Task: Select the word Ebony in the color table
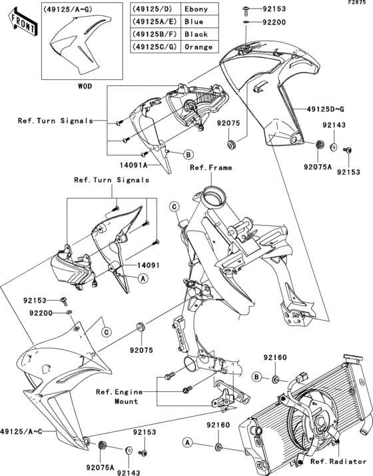[196, 9]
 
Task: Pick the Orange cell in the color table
[198, 47]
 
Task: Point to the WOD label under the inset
[85, 86]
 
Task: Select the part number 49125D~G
[325, 109]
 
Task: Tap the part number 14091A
[133, 165]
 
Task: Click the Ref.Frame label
[210, 167]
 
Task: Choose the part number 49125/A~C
[21, 431]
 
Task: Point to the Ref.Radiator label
[338, 462]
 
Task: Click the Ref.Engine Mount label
[119, 397]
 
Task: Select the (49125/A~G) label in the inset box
[67, 9]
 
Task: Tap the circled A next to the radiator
[188, 443]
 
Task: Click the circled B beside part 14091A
[188, 155]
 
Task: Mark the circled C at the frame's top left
[175, 207]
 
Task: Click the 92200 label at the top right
[274, 22]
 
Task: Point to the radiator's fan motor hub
[320, 422]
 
